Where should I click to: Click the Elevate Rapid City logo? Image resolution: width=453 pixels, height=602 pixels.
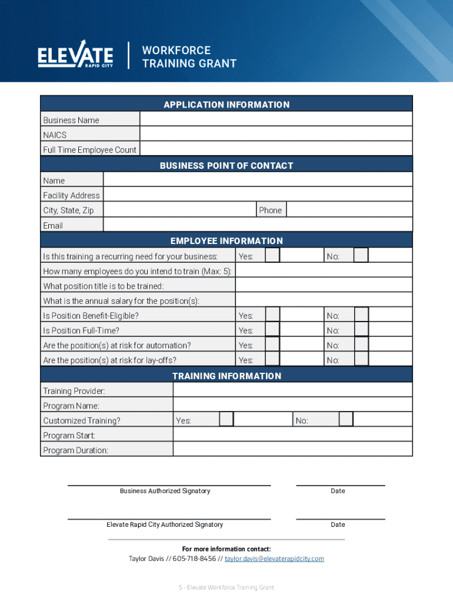point(75,55)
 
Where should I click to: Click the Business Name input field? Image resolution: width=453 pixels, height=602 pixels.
point(275,119)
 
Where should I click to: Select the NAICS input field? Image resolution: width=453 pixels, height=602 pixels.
point(275,135)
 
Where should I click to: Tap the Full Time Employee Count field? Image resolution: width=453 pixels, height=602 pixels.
point(275,149)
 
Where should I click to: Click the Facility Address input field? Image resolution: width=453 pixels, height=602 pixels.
point(258,195)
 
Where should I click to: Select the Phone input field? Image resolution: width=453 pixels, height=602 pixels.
point(349,210)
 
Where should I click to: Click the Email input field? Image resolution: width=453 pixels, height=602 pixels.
point(258,225)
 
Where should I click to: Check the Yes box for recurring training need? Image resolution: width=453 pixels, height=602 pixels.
point(272,256)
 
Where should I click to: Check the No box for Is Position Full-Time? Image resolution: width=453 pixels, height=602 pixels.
point(361,330)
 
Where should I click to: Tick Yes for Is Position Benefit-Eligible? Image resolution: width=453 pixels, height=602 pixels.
point(272,315)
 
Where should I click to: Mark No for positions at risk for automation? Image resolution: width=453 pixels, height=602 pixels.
point(361,345)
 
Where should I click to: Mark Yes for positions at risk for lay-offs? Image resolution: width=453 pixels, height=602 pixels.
point(272,360)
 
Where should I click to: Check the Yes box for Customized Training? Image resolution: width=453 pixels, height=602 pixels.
point(226,420)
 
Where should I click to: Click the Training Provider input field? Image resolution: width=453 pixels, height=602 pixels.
point(292,390)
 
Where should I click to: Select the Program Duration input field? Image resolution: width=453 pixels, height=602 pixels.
point(292,450)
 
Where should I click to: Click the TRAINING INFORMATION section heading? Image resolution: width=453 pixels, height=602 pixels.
point(226,376)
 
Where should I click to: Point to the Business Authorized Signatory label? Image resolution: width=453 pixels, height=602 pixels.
point(165,491)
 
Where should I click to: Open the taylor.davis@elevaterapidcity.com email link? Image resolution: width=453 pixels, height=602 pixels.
point(274,558)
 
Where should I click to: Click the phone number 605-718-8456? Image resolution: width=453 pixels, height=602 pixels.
point(194,558)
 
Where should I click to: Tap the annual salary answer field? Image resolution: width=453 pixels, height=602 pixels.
point(324,300)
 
